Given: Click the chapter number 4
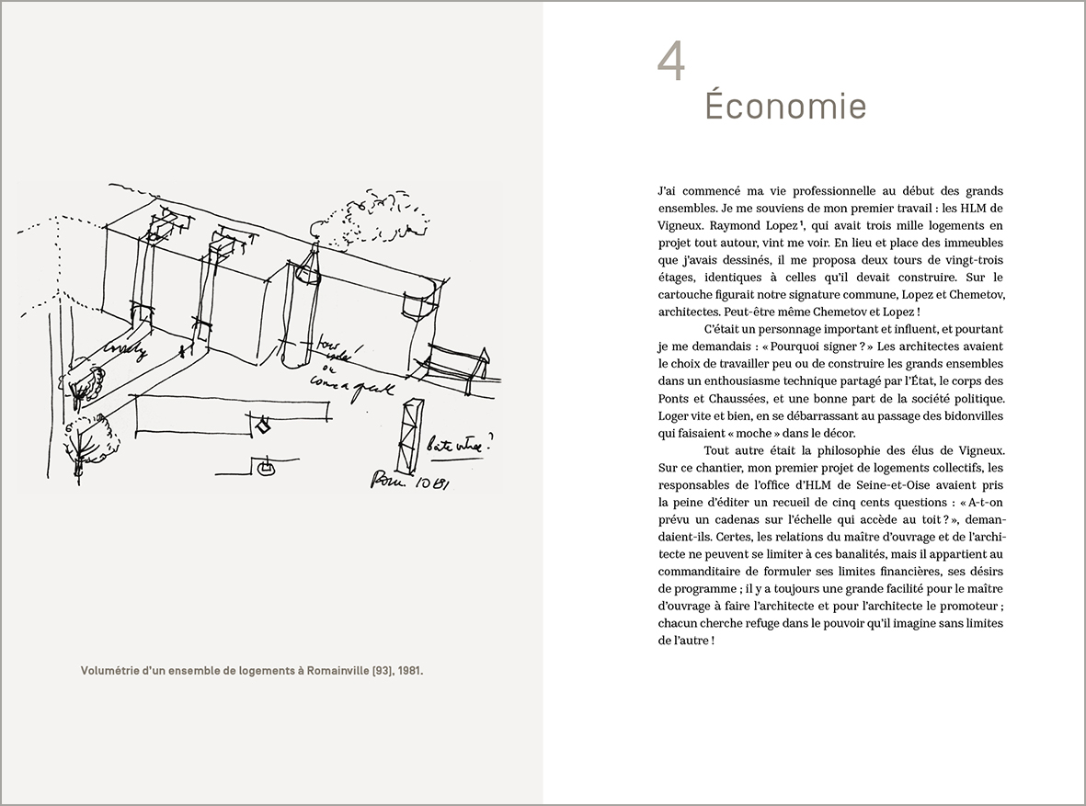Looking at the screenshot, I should tap(672, 62).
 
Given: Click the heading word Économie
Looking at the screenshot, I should tap(785, 107).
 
